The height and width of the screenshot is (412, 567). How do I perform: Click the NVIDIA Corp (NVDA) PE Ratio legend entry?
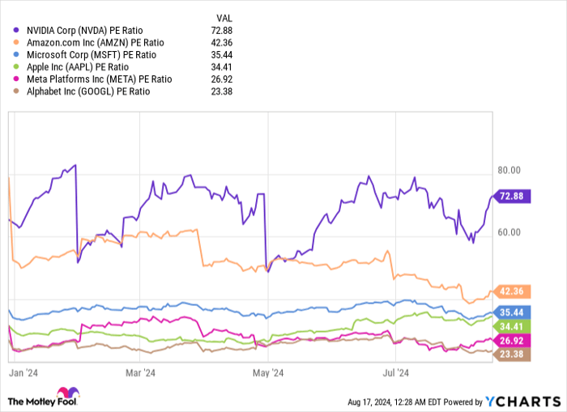point(82,31)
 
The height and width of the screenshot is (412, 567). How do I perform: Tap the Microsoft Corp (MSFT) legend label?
point(85,55)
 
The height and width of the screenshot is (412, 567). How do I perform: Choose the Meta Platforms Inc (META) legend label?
point(90,79)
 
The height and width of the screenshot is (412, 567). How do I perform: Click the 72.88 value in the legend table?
point(220,31)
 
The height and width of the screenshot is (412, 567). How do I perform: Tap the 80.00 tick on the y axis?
point(508,171)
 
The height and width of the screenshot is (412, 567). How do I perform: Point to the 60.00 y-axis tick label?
point(508,232)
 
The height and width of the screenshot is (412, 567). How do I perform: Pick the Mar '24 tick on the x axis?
point(141,373)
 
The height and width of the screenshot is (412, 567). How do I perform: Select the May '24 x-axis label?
point(268,373)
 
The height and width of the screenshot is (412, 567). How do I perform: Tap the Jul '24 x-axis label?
point(395,373)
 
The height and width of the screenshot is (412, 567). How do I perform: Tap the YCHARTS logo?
point(522,401)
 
